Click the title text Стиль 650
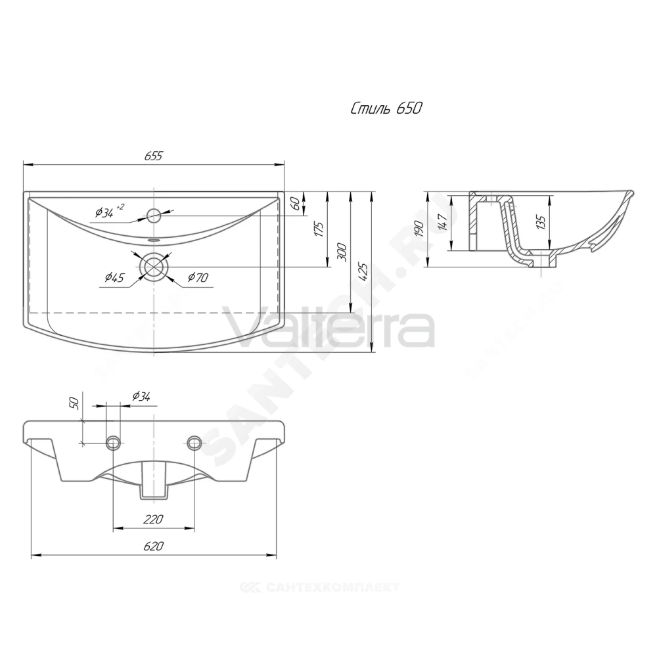click(386, 108)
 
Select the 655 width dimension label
click(153, 156)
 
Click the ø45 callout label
click(114, 277)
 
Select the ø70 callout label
click(198, 277)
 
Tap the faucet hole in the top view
click(154, 215)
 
